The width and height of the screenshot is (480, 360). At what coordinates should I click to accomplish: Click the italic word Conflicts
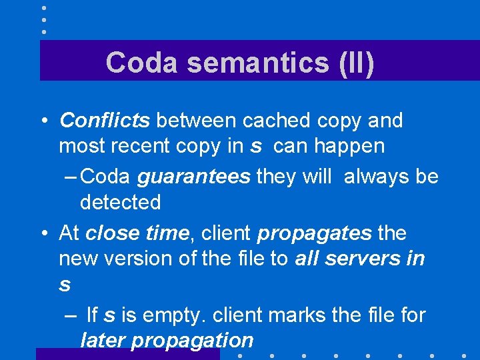coord(105,121)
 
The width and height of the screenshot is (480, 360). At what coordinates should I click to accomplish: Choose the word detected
coord(121,202)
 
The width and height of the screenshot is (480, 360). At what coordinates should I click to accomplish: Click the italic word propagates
coord(314,233)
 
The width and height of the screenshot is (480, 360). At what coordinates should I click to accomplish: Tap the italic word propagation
coord(193,340)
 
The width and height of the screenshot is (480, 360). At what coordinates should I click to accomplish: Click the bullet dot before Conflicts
coord(43,121)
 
